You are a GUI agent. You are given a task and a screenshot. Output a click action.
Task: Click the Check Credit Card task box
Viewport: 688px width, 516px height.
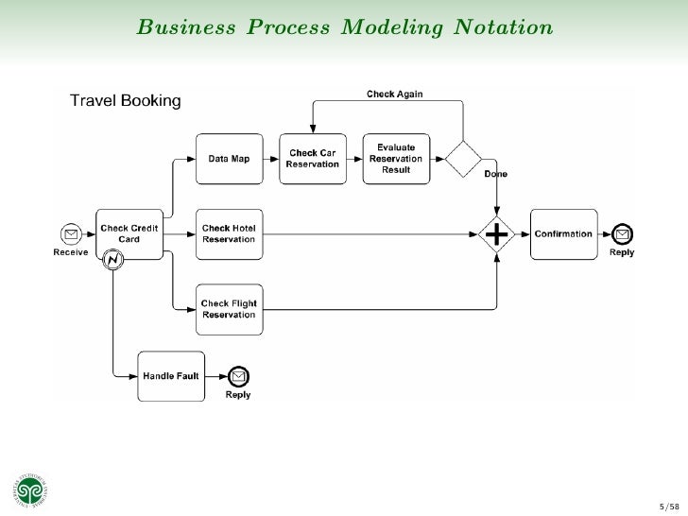129,233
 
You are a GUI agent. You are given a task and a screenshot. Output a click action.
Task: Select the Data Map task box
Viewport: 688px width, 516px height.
229,159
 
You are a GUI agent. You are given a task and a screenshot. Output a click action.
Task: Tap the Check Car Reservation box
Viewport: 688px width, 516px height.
312,159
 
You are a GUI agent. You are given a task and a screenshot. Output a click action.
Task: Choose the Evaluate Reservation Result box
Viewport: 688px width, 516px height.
396,159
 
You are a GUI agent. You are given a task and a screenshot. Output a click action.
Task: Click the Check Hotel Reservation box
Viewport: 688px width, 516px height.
229,233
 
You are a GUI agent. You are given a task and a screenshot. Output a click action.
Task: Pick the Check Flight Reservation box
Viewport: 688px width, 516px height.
229,309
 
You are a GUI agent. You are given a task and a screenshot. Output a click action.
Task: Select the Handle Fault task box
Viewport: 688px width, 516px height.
171,375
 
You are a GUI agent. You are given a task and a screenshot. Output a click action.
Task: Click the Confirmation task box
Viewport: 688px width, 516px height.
563,233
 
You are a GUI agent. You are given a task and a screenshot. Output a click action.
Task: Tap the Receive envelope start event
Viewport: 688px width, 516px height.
70,234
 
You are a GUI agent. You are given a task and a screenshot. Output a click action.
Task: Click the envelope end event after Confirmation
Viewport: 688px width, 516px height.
621,234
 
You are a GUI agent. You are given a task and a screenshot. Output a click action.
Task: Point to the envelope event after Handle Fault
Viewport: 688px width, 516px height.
238,376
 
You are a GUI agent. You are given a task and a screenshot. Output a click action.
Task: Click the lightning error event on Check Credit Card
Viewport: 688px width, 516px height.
112,259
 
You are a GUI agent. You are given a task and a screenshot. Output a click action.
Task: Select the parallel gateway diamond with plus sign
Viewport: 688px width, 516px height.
497,233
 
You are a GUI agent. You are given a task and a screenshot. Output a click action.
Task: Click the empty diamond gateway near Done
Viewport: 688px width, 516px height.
464,158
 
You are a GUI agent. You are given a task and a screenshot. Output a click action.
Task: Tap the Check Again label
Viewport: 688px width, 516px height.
394,94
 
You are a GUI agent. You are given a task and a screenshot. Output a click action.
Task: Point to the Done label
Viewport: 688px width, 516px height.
495,175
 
